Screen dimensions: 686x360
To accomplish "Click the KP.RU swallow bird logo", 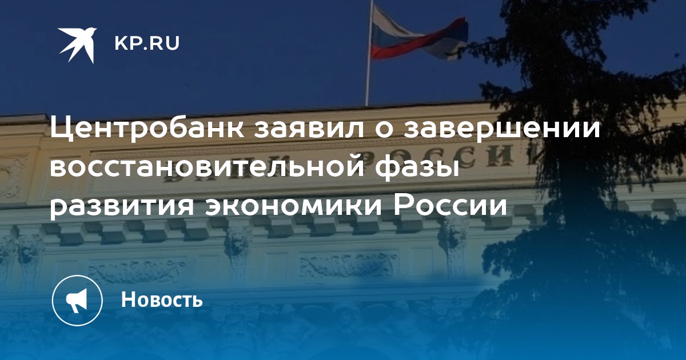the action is (78, 45).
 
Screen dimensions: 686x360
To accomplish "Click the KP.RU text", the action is (147, 43).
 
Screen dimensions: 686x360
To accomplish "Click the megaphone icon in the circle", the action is (77, 300).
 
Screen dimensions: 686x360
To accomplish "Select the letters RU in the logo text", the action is (165, 43).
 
